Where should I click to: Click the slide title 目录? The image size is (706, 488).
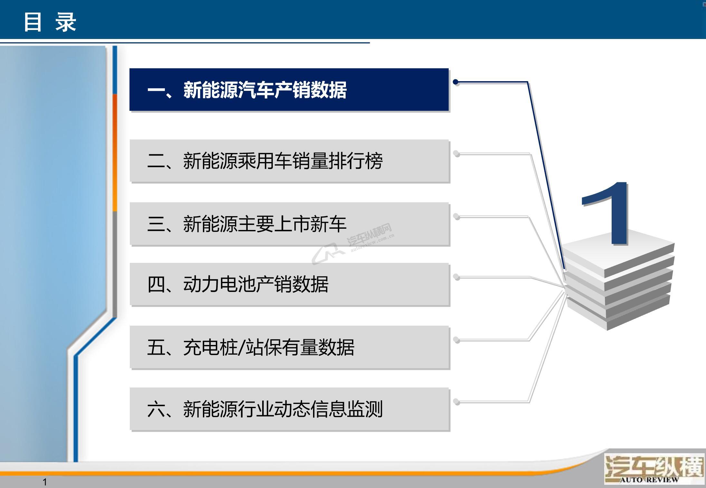click(50, 22)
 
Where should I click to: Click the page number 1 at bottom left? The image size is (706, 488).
click(45, 482)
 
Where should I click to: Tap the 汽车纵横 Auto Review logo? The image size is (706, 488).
click(654, 468)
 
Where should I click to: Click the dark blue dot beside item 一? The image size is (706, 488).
click(456, 82)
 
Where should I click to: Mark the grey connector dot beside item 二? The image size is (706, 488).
click(456, 153)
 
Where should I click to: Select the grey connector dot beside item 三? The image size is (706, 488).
click(456, 216)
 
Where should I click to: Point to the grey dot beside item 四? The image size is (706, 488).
click(456, 277)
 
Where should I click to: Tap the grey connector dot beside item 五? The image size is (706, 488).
click(456, 340)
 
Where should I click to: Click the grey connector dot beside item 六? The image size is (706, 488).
click(456, 401)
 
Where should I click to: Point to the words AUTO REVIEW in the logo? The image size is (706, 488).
click(649, 480)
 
